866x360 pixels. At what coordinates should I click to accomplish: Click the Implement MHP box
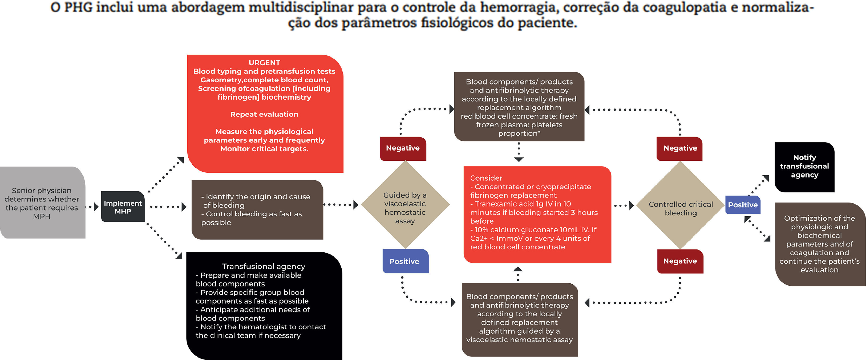point(123,207)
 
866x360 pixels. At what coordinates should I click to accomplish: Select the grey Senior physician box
point(42,203)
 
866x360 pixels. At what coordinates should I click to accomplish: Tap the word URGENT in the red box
point(264,63)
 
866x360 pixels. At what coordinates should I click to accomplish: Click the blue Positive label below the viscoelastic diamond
point(405,261)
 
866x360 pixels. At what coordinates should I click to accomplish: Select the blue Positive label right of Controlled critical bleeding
point(743,205)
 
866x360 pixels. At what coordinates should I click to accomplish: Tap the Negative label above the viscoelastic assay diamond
point(403,148)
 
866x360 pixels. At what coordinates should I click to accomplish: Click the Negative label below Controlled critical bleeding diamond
point(680,261)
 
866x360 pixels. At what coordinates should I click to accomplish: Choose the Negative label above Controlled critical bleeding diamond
point(680,148)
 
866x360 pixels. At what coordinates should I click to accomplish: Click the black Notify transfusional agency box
point(804,166)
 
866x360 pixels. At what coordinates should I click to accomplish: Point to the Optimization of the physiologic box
point(819,244)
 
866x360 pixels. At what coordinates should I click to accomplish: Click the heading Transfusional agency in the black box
point(264,266)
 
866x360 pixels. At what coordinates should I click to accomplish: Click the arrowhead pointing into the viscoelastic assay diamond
point(356,205)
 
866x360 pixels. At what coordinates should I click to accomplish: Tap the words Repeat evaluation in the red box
point(264,114)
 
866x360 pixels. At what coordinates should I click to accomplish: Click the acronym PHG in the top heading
point(78,7)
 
